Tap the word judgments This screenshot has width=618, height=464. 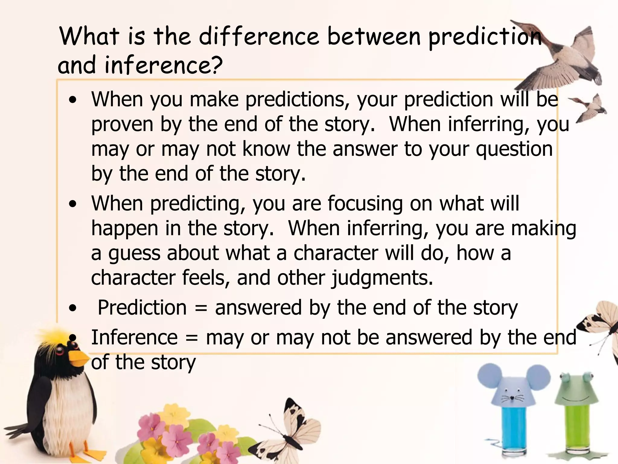click(382, 278)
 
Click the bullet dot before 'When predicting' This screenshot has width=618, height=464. click(72, 204)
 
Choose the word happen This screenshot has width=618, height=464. click(125, 229)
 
